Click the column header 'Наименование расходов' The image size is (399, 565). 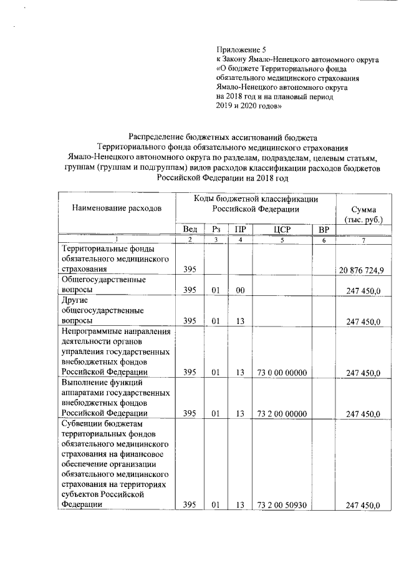point(117,207)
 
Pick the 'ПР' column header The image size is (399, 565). point(239,229)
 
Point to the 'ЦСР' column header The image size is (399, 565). point(282,229)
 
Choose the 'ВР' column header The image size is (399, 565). point(323,229)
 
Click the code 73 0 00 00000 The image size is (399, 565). point(282,373)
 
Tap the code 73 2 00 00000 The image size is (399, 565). point(282,413)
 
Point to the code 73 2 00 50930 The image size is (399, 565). point(282,505)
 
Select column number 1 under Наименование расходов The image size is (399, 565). point(117,241)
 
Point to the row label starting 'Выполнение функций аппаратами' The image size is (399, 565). point(112,397)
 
